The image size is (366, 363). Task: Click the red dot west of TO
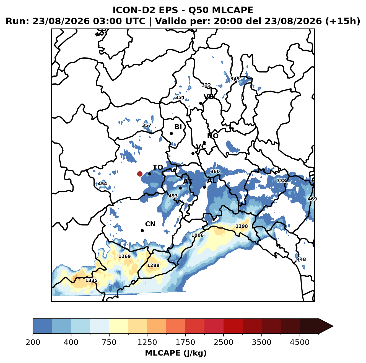tap(140, 174)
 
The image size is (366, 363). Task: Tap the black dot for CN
tap(142, 230)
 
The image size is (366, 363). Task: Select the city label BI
tap(178, 127)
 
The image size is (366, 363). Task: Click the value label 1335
tap(91, 280)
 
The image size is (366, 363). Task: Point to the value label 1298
tap(242, 226)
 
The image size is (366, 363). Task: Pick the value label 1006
tap(197, 235)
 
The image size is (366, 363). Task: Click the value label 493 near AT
tap(173, 196)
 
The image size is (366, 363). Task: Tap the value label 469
tap(312, 199)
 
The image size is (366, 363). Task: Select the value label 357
tap(146, 125)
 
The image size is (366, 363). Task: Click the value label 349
tap(235, 79)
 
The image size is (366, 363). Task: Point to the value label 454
tap(102, 184)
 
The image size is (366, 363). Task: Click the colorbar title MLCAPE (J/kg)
tap(176, 353)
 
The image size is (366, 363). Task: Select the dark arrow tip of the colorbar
tap(333, 326)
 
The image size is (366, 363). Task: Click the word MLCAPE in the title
tap(232, 10)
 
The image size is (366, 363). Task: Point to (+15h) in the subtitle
tap(343, 21)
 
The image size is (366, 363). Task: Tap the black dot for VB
tap(201, 103)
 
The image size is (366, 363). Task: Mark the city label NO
tap(212, 136)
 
